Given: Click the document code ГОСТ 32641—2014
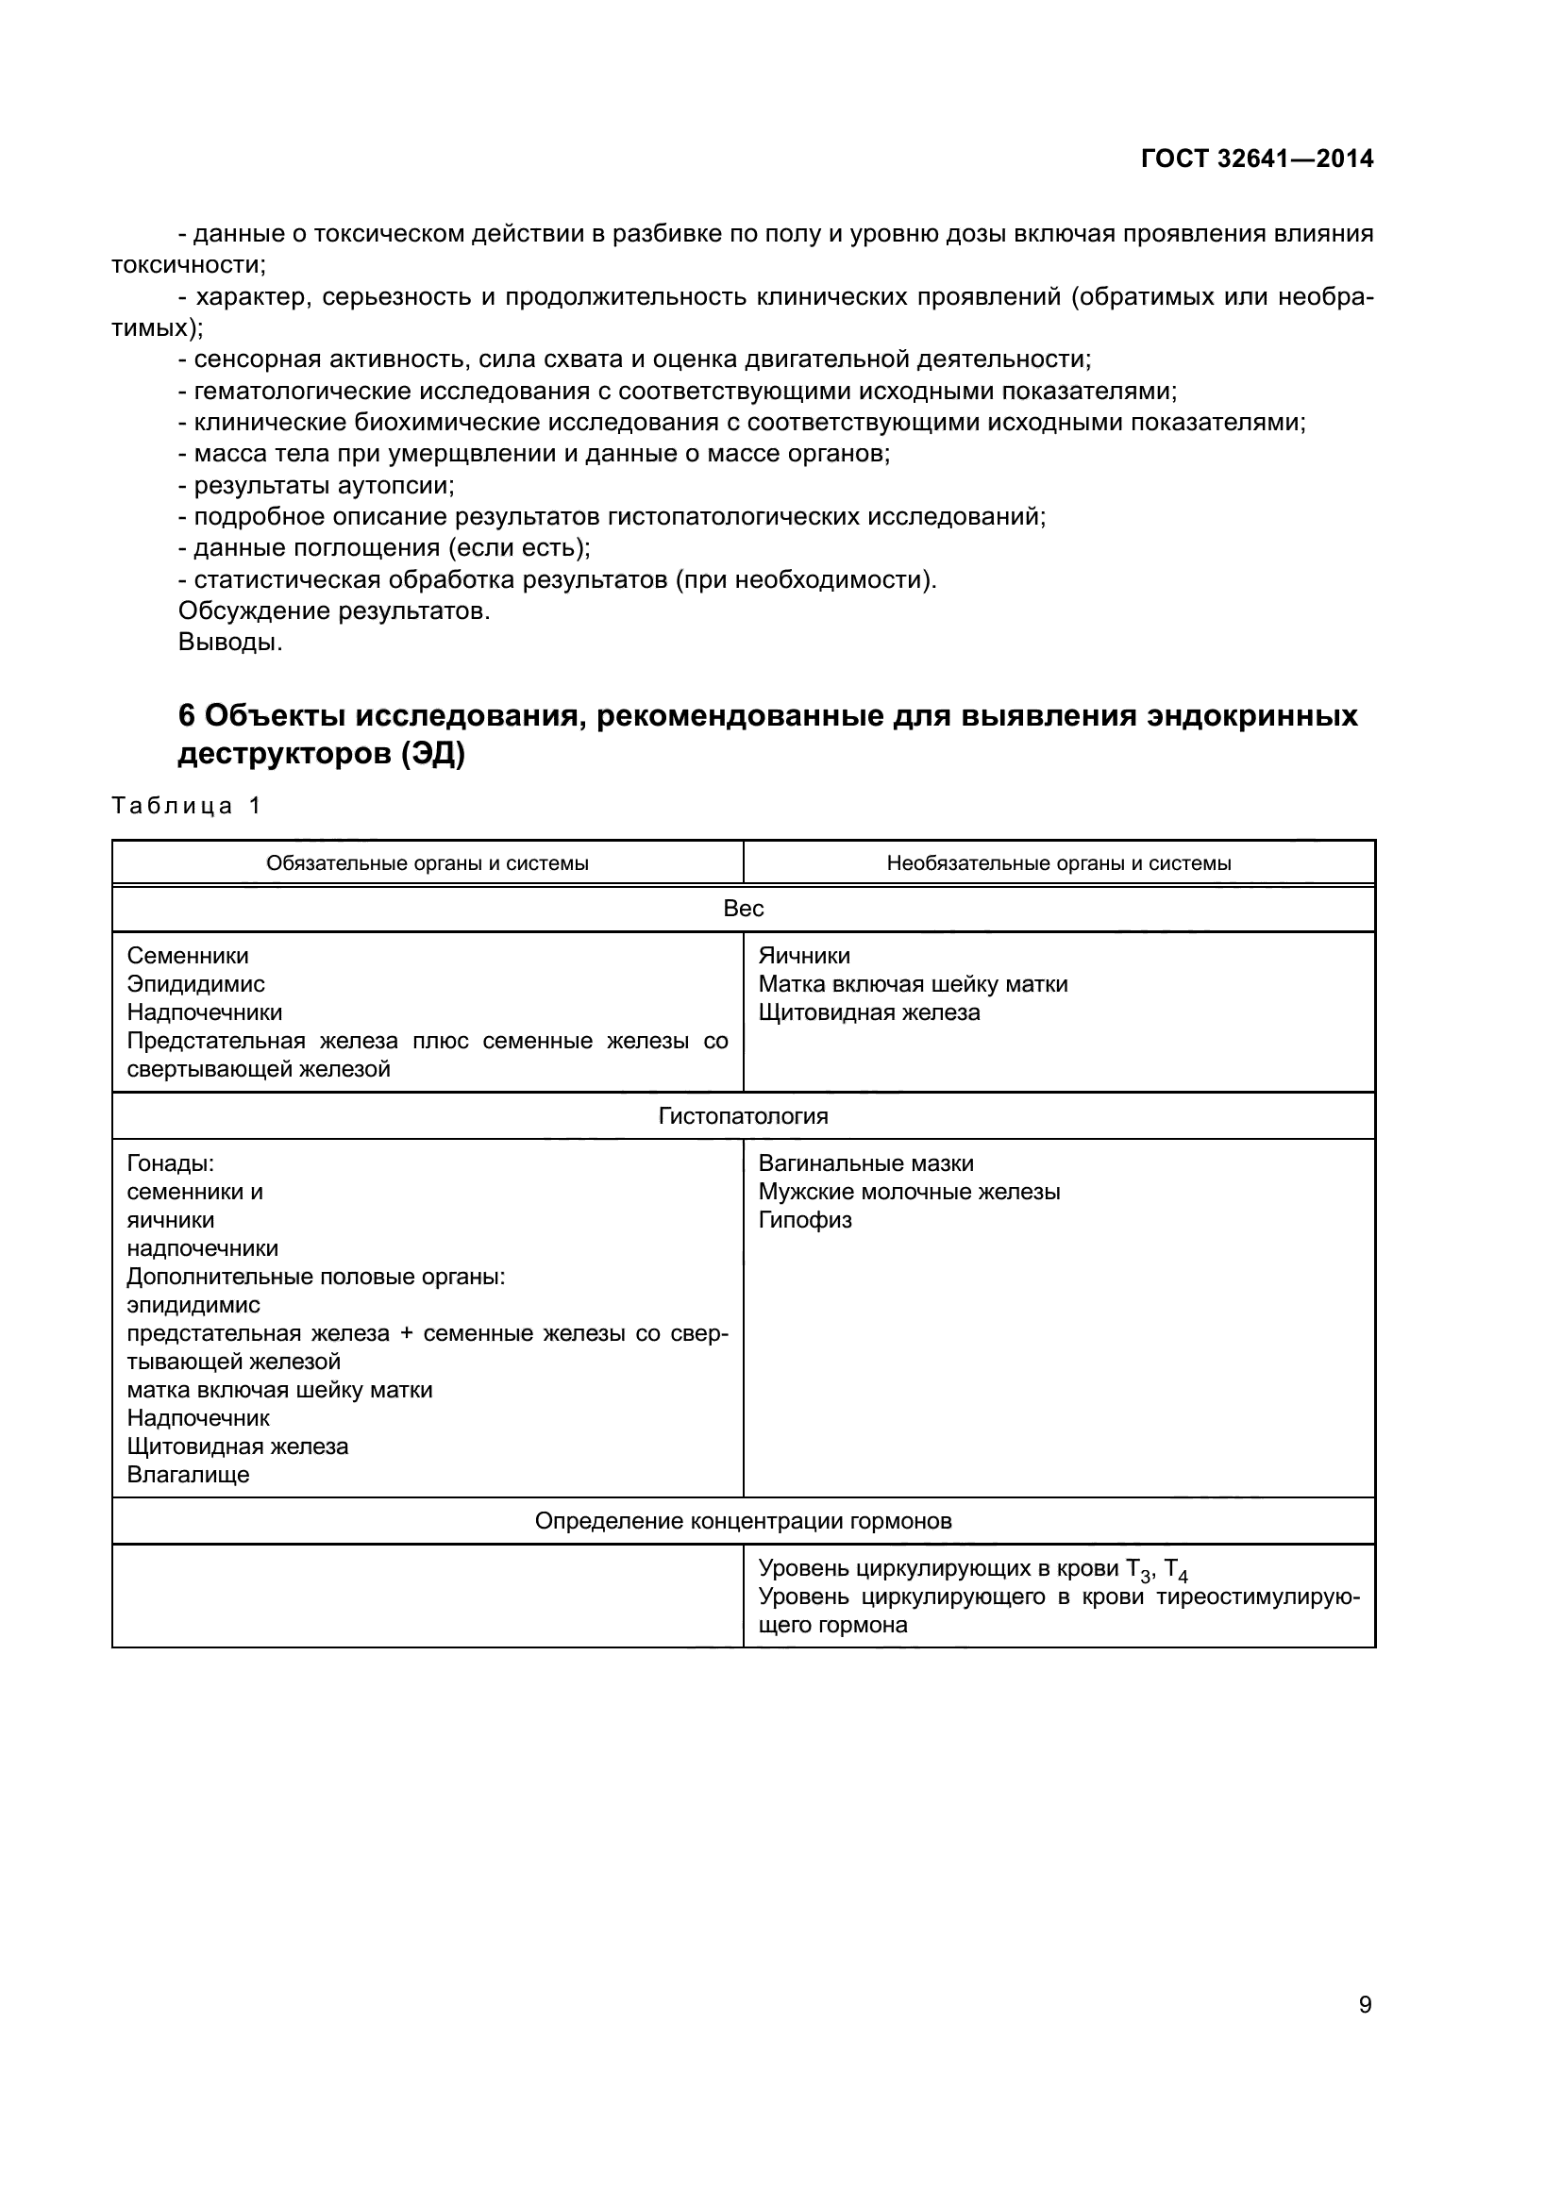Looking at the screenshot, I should pos(1256,159).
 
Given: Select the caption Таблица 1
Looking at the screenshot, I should pos(187,806).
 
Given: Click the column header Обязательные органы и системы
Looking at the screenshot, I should pos(427,863).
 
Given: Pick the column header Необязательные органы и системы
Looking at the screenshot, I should pos(1058,863).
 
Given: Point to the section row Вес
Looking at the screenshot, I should pos(743,909).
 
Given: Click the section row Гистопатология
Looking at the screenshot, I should pos(743,1116).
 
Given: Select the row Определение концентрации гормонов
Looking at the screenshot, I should pos(743,1521).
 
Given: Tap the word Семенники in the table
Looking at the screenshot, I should pos(188,956).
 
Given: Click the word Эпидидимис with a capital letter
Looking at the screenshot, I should pos(196,984).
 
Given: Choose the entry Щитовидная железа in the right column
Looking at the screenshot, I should pos(869,1012).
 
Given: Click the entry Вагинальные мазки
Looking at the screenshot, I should pos(866,1163).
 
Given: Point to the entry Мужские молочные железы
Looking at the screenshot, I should pos(909,1192).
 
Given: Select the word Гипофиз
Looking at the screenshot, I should pos(804,1220).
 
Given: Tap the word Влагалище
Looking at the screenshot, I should pos(189,1475).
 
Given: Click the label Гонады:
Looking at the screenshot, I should pos(170,1163).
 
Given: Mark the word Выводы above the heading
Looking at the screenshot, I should pos(229,643).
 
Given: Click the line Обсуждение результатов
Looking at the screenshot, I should pos(333,610).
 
